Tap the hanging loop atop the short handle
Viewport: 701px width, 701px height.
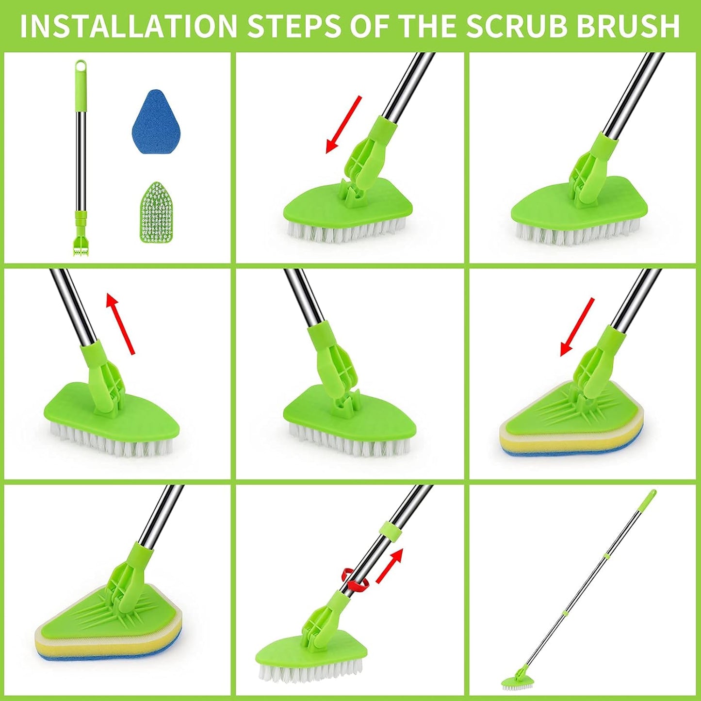tap(81, 66)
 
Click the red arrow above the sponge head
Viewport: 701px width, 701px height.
tap(577, 327)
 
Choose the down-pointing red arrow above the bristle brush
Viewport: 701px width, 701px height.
tap(343, 124)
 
